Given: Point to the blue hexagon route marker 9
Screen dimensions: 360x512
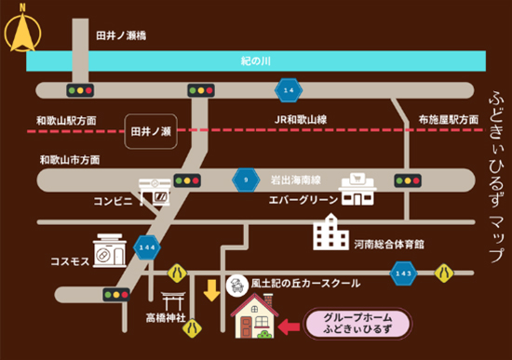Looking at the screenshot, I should tap(246, 179).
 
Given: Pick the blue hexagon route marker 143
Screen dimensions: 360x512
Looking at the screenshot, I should tap(403, 273).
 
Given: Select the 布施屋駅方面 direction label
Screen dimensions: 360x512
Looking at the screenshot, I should tap(448, 119).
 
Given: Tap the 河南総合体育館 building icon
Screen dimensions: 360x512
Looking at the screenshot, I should tap(330, 232).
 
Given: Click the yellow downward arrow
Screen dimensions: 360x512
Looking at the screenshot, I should tap(212, 289).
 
